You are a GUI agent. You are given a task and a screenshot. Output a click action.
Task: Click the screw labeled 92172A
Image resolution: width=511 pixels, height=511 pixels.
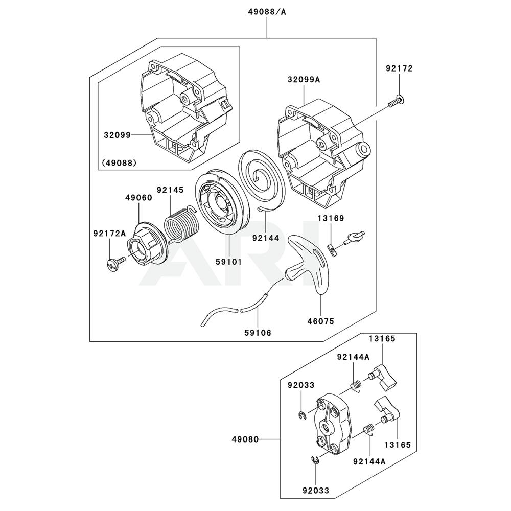115,263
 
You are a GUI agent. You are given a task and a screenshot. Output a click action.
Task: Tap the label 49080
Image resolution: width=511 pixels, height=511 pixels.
245,439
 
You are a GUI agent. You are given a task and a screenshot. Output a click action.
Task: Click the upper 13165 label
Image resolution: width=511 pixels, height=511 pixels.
380,338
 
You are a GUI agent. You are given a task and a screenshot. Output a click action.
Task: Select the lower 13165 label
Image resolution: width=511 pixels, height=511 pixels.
398,445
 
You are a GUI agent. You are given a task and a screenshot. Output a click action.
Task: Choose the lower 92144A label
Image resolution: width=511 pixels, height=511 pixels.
369,461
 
